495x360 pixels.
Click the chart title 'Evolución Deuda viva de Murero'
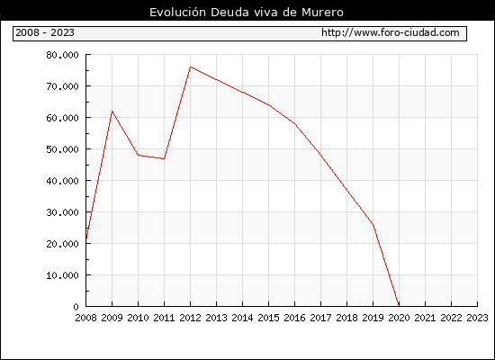coord(247,13)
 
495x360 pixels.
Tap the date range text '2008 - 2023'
coord(45,32)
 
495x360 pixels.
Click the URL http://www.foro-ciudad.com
coord(391,32)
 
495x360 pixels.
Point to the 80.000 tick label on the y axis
coord(62,55)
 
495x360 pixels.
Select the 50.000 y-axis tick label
coord(62,149)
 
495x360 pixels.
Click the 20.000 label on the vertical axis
coord(62,244)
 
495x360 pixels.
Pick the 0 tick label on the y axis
coord(76,307)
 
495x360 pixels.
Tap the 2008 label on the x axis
coord(85,318)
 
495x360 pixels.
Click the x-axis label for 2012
coord(191,318)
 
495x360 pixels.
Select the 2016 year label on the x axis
coord(294,318)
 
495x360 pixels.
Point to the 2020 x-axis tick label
coord(399,318)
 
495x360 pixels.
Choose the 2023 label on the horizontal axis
coord(477,318)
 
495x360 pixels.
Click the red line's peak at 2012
coord(191,67)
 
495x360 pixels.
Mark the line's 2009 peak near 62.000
coord(112,112)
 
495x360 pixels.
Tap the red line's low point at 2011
coord(164,158)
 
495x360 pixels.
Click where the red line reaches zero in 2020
coord(399,306)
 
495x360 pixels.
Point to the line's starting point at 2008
coord(86,238)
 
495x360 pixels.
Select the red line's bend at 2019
coord(373,224)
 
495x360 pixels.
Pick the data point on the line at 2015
coord(269,105)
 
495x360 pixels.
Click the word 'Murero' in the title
coord(322,13)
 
